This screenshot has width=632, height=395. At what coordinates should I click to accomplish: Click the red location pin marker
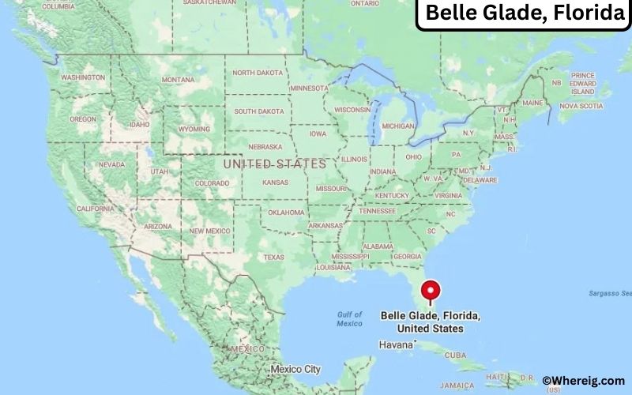[x=431, y=290]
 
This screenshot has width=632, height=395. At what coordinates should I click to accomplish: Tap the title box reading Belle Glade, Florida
[x=524, y=13]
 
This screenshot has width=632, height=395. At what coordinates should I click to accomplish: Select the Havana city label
[x=396, y=345]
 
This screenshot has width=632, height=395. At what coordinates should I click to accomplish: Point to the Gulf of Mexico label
[x=349, y=318]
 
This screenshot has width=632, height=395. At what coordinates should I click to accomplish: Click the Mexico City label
[x=295, y=369]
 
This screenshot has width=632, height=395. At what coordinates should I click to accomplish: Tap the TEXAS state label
[x=273, y=257]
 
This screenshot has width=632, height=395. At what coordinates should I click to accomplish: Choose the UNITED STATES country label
[x=274, y=164]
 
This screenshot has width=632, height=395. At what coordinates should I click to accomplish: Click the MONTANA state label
[x=178, y=80]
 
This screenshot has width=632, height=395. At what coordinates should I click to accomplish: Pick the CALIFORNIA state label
[x=96, y=209]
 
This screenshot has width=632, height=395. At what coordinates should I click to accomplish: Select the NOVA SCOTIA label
[x=576, y=105]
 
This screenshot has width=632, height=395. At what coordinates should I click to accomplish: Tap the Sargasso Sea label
[x=605, y=293]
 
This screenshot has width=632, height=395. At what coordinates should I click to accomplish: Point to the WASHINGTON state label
[x=83, y=77]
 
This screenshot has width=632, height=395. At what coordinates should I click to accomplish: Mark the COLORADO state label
[x=212, y=183]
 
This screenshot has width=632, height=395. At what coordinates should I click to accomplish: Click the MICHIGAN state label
[x=398, y=126]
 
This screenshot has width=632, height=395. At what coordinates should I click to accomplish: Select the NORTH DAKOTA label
[x=257, y=73]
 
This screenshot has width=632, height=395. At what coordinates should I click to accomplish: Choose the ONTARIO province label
[x=364, y=3]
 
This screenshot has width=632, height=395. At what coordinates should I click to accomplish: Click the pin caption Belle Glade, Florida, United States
[x=431, y=322]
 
